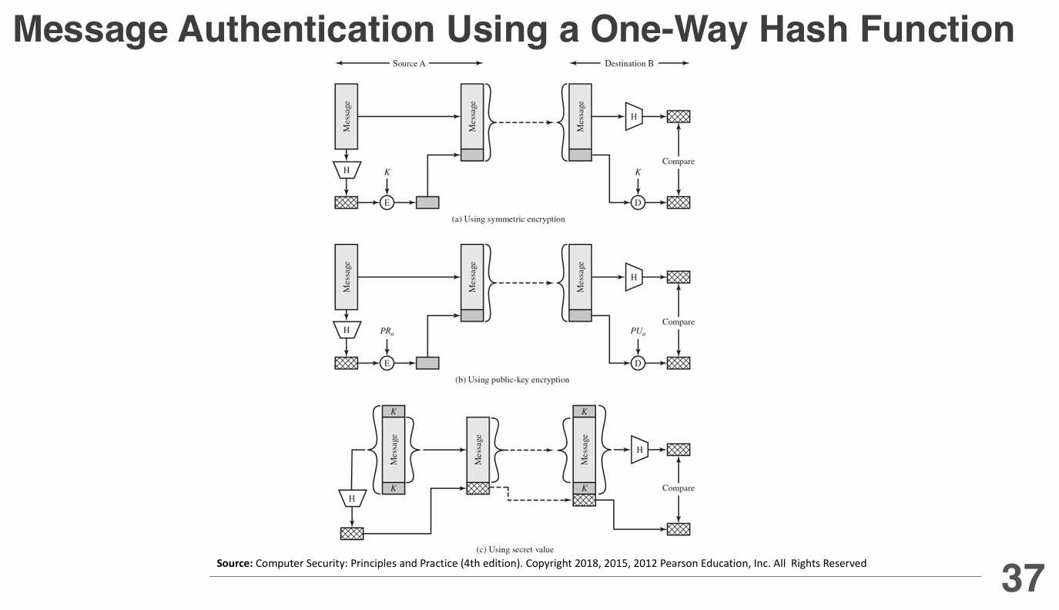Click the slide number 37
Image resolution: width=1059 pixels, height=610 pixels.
pyautogui.click(x=1023, y=579)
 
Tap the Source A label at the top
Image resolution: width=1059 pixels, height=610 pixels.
pyautogui.click(x=409, y=63)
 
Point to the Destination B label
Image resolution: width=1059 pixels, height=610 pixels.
pyautogui.click(x=628, y=63)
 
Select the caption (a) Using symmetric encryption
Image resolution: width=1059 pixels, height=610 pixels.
pyautogui.click(x=508, y=220)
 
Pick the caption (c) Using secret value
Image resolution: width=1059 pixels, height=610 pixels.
pyautogui.click(x=514, y=549)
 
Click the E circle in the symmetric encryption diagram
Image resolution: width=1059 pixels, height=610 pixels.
pyautogui.click(x=387, y=203)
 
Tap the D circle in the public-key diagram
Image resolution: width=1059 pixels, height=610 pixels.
pyautogui.click(x=638, y=363)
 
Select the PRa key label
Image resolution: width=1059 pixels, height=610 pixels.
pyautogui.click(x=387, y=332)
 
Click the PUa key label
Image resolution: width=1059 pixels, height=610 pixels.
pyautogui.click(x=638, y=332)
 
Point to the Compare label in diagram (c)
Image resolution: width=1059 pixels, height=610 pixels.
pyautogui.click(x=678, y=488)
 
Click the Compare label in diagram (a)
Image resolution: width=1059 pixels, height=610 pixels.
pyautogui.click(x=678, y=162)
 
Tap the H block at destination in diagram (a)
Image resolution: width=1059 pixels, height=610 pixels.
pyautogui.click(x=633, y=116)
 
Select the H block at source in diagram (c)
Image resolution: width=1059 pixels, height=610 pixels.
pyautogui.click(x=352, y=498)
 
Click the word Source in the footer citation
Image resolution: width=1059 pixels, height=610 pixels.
pyautogui.click(x=234, y=564)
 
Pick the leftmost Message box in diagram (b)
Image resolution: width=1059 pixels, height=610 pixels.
pyautogui.click(x=347, y=277)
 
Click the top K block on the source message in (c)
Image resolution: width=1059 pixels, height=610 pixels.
pyautogui.click(x=394, y=411)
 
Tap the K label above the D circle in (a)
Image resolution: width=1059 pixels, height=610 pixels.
pyautogui.click(x=638, y=173)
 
